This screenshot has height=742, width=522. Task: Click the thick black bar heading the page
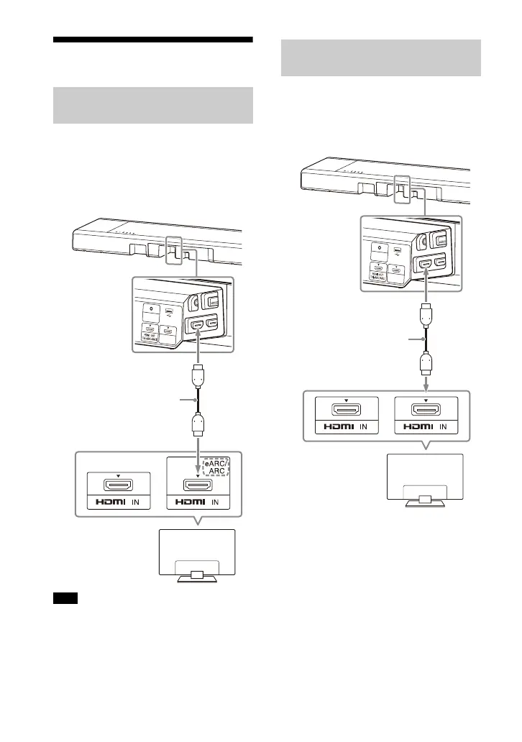[x=153, y=40]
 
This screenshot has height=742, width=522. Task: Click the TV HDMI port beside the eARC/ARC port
[x=118, y=489]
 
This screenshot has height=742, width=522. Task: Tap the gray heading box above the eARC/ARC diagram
[x=153, y=106]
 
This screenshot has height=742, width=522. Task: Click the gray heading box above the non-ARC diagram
[x=379, y=58]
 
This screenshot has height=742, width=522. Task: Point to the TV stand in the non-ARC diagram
[x=424, y=500]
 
